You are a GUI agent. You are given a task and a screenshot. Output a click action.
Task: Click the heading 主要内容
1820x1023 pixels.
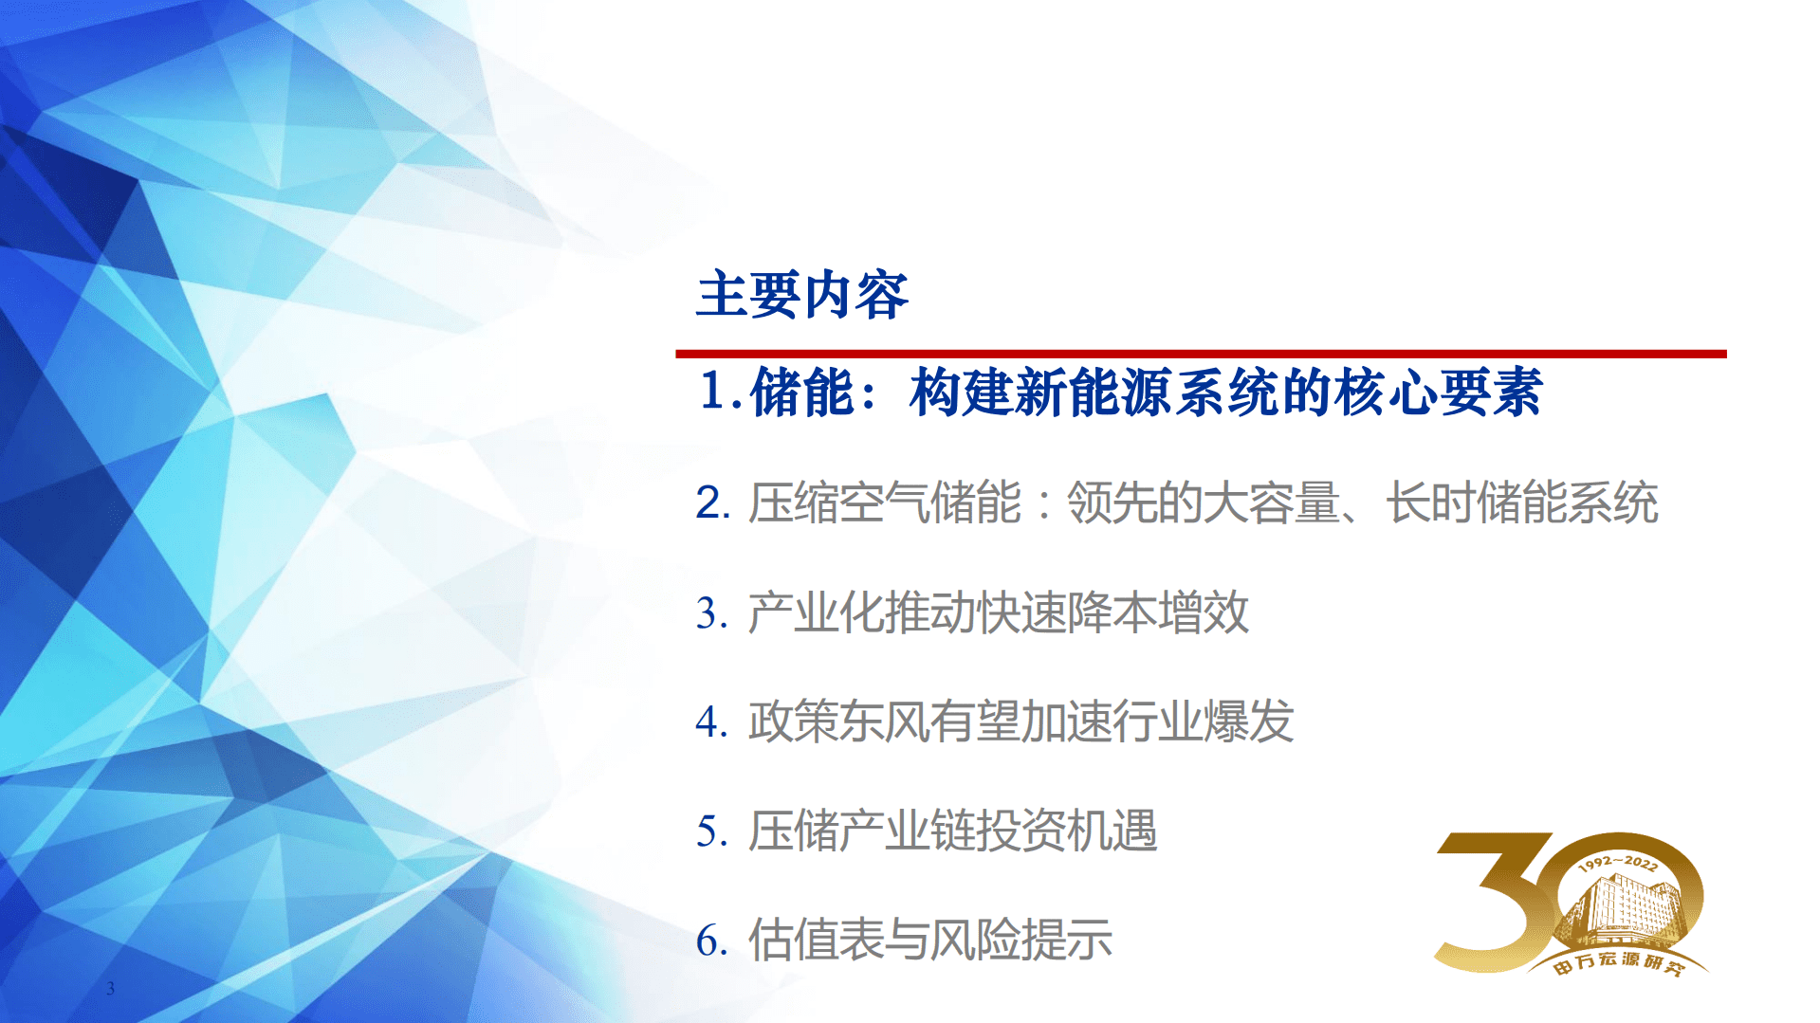[x=801, y=295]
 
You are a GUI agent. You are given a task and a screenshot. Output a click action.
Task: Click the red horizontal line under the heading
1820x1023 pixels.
[x=1200, y=354]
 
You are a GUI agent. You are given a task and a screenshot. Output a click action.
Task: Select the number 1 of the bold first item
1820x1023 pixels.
[x=713, y=392]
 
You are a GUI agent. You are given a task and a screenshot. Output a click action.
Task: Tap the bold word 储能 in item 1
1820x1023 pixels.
[x=801, y=393]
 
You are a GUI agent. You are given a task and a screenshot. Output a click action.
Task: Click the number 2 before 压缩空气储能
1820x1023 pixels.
[x=711, y=502]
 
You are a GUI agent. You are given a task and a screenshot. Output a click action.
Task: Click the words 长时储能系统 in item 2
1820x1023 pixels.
[x=1521, y=502]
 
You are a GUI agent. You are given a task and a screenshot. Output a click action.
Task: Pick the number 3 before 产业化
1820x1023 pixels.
[x=710, y=612]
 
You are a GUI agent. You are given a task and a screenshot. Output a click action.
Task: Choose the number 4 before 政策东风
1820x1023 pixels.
[x=710, y=722]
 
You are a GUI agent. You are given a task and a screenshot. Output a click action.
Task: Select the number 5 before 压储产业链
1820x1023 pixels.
[x=710, y=831]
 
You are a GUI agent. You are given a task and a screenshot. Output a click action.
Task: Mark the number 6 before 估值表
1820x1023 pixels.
[x=710, y=941]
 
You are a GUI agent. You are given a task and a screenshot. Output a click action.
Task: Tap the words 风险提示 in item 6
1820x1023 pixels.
[x=1020, y=941]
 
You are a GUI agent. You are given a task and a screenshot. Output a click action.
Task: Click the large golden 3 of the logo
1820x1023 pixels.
[x=1494, y=901]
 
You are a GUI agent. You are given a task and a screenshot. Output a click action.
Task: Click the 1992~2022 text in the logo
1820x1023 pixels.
[x=1617, y=863]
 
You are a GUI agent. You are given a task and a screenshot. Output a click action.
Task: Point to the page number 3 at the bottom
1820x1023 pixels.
[x=111, y=988]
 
